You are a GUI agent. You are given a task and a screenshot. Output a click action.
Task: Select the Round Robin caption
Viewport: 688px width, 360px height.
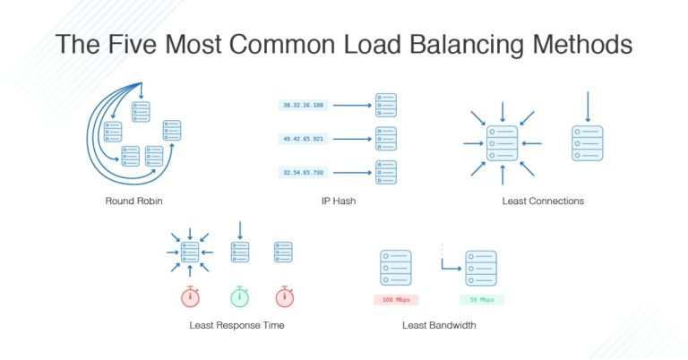(x=135, y=201)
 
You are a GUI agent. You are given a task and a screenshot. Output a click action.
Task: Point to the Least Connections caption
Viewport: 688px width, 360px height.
(x=543, y=201)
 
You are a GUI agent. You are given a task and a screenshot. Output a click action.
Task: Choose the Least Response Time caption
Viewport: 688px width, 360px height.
(x=236, y=325)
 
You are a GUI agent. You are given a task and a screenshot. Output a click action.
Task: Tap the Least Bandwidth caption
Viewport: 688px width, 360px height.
(x=439, y=325)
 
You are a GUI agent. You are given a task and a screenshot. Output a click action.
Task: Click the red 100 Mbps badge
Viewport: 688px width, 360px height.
(x=395, y=299)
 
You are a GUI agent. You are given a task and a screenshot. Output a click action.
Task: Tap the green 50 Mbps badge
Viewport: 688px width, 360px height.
(x=481, y=299)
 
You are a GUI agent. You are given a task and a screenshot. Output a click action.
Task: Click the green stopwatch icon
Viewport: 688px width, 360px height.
(x=238, y=296)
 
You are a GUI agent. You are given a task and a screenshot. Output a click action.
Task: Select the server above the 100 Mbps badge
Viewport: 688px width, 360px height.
(x=395, y=267)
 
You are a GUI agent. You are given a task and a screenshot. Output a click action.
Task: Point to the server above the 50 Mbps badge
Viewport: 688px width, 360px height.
(x=481, y=267)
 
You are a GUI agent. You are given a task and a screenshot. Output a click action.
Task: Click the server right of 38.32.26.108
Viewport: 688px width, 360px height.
(x=385, y=105)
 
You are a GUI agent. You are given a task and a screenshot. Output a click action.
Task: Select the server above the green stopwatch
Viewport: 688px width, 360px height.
(x=238, y=252)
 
